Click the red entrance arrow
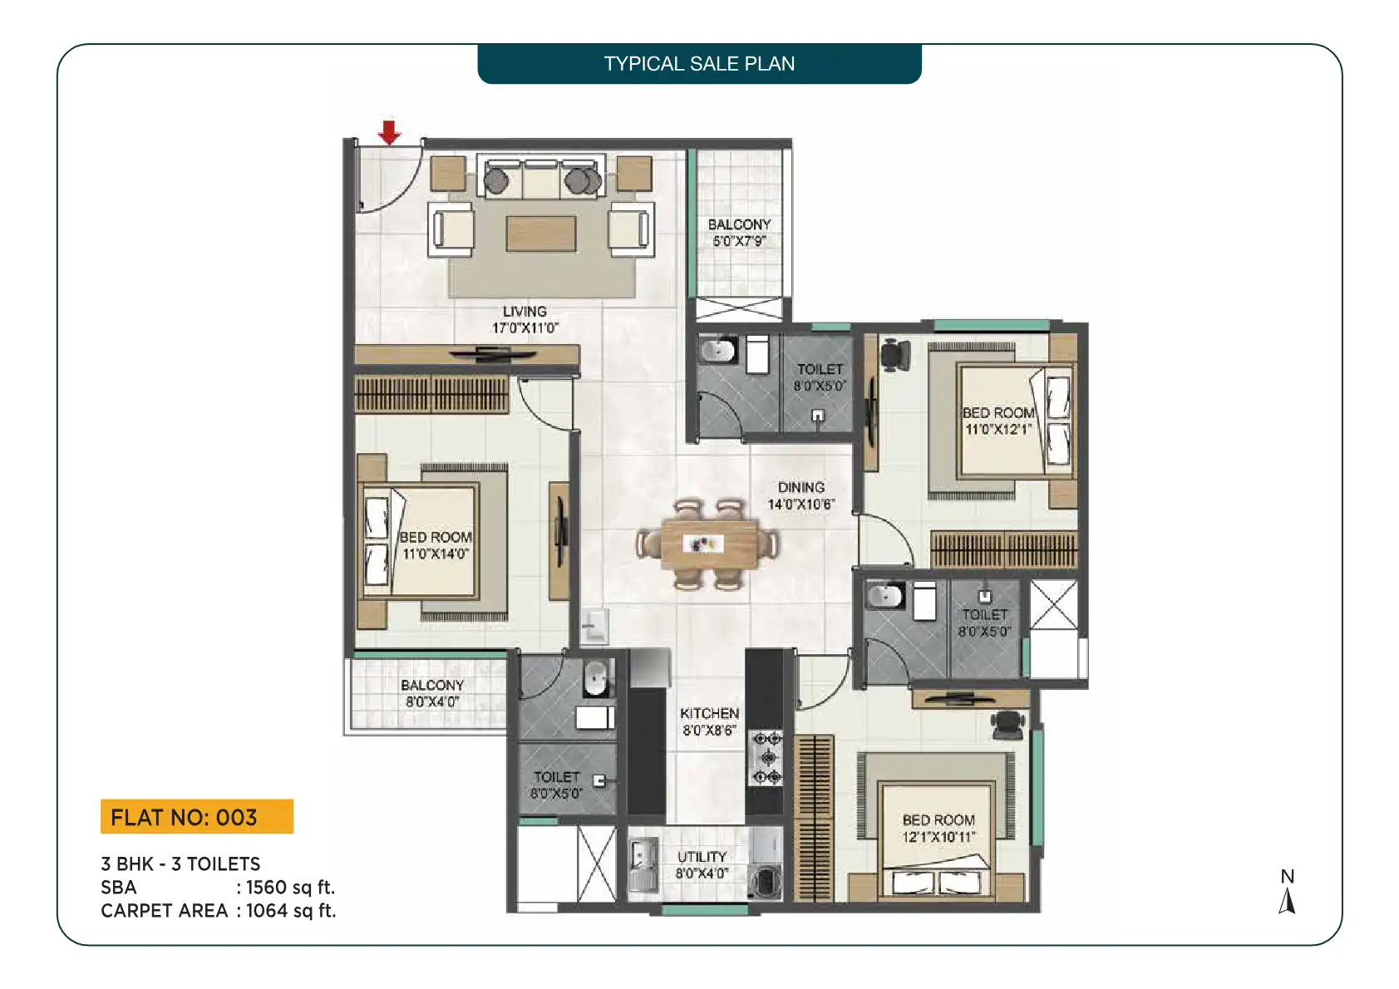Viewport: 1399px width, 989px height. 389,132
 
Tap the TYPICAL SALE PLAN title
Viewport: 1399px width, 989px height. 699,64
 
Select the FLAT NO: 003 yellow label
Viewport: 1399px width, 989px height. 197,816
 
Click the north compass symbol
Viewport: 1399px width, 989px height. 1288,892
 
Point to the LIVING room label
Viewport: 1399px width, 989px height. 525,319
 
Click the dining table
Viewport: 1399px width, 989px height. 709,544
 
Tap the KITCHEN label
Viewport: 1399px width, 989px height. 710,721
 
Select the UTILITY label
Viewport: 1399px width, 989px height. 702,864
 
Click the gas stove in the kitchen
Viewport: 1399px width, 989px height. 767,758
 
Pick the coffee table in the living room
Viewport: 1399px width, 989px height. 541,234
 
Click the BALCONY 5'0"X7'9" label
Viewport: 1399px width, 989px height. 740,232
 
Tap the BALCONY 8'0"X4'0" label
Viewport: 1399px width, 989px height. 432,693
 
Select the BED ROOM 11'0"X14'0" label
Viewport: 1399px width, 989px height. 436,545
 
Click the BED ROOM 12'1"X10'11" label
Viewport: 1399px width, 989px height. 938,828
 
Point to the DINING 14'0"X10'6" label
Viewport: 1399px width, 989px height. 801,496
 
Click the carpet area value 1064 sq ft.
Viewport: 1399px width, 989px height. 291,911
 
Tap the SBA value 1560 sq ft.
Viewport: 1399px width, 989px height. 291,888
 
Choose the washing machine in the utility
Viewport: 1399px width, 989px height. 765,881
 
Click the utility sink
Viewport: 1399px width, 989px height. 643,864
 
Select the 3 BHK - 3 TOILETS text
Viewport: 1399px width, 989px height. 180,864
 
